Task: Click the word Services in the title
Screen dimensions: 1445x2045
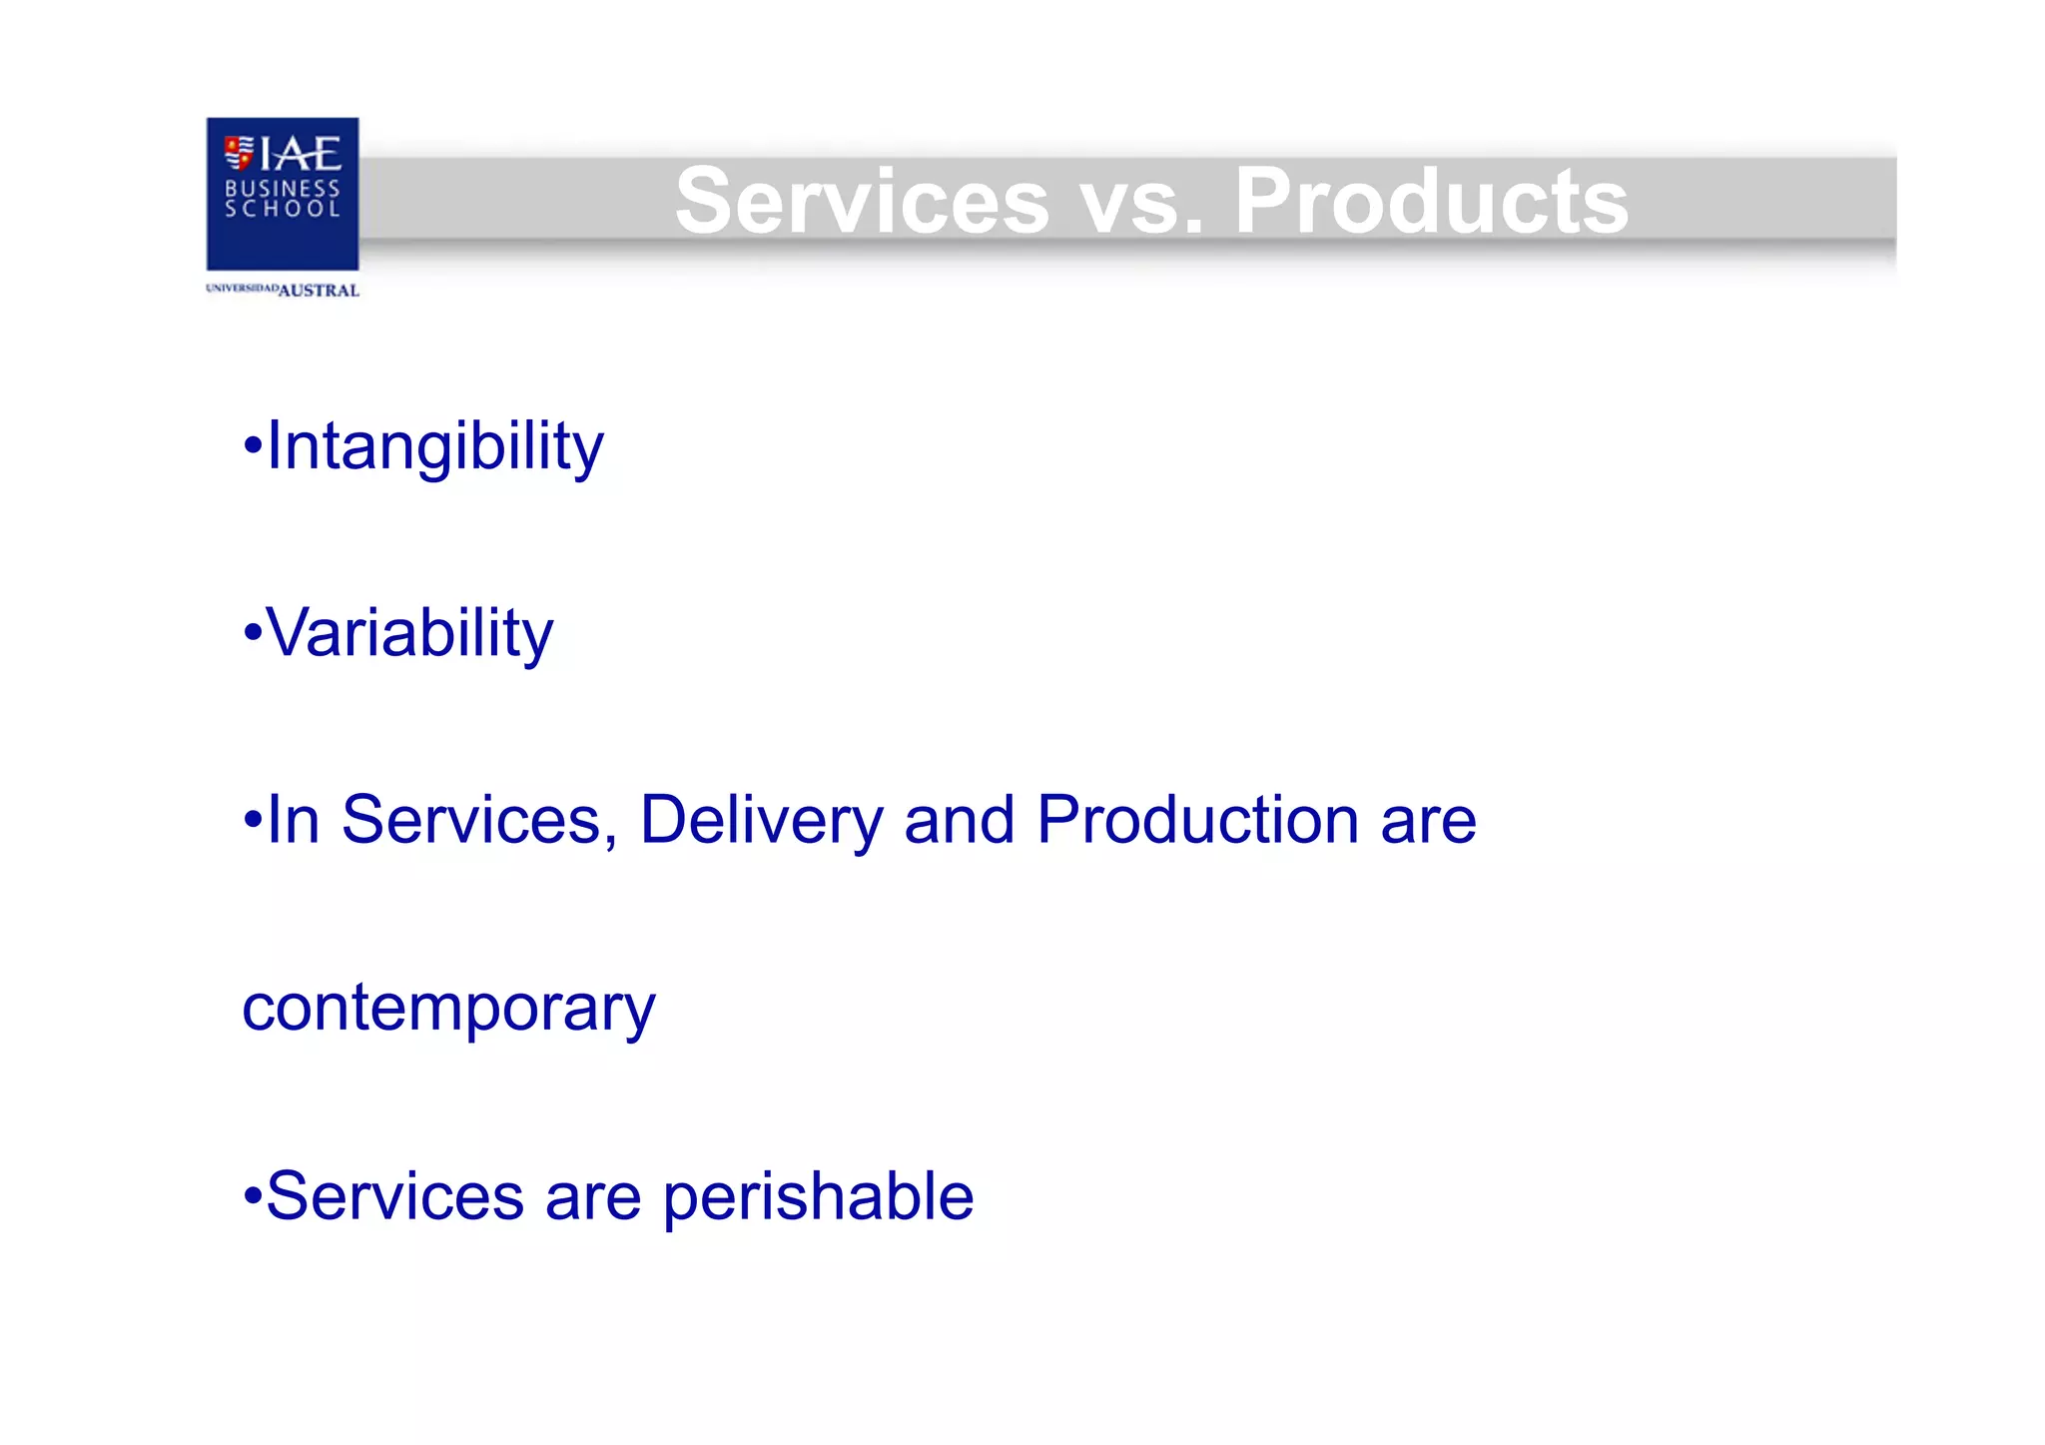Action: pos(862,202)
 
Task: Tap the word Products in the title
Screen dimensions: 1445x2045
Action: pos(1431,202)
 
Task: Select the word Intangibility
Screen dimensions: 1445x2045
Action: pos(435,447)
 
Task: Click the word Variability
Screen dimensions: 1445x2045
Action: pos(409,634)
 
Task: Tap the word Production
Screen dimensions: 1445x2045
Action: pos(1198,820)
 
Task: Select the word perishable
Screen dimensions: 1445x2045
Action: pos(818,1196)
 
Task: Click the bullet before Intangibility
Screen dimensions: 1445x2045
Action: pos(253,446)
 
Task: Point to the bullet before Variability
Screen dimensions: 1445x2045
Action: pos(253,633)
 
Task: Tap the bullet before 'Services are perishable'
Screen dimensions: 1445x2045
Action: pos(253,1195)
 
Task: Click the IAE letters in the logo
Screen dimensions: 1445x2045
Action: pos(300,154)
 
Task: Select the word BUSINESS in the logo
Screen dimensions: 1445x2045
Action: pos(283,188)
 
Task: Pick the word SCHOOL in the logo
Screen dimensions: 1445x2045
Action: pos(283,209)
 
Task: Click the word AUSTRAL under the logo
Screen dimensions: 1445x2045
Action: pos(319,291)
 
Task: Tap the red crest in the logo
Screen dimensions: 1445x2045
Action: pos(239,153)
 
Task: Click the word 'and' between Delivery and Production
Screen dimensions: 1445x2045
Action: pos(959,821)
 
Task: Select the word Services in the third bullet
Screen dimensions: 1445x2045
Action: pos(472,821)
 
